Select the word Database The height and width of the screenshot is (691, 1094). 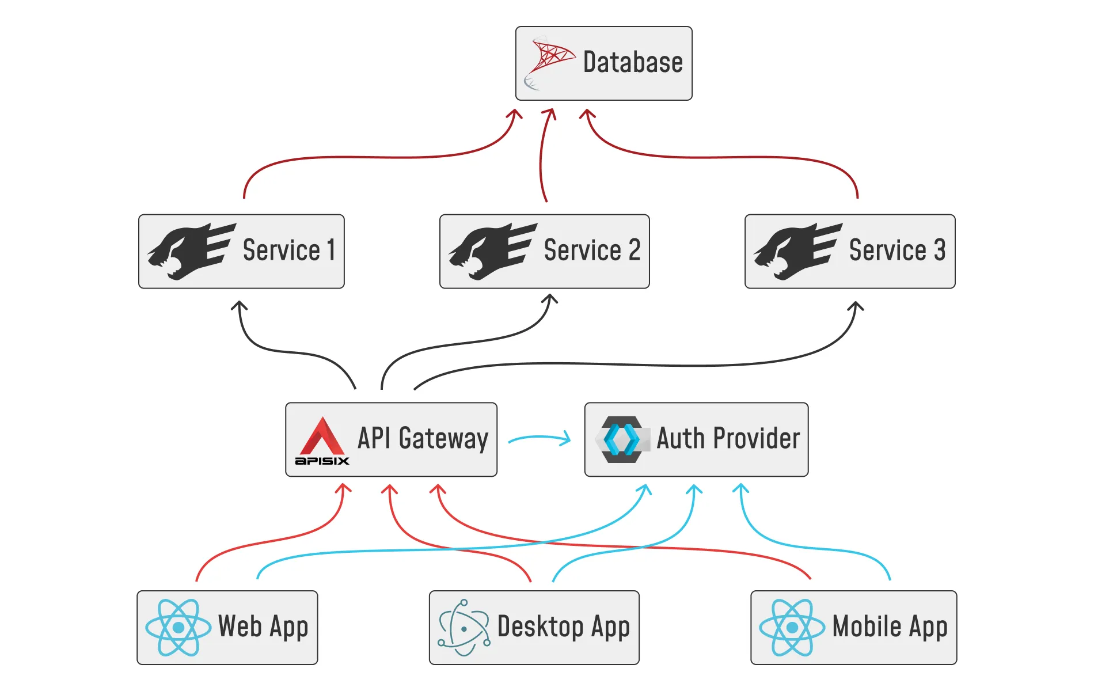point(633,62)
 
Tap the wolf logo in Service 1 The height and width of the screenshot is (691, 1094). point(191,252)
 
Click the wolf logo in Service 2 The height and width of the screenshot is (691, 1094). point(492,252)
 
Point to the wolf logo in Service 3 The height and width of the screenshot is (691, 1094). point(797,252)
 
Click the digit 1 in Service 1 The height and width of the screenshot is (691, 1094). point(331,250)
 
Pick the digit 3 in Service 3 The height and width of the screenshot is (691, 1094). point(940,250)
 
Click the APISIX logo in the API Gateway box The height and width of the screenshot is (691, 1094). point(322,441)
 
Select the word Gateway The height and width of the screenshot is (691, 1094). point(443,439)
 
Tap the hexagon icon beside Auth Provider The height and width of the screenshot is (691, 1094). point(621,439)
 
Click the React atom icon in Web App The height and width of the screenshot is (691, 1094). point(178,627)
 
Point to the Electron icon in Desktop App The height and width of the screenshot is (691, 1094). point(464,627)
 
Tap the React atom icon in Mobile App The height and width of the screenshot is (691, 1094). point(792,627)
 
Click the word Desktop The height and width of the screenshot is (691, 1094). point(540,627)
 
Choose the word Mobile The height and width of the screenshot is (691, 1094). point(867,627)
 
